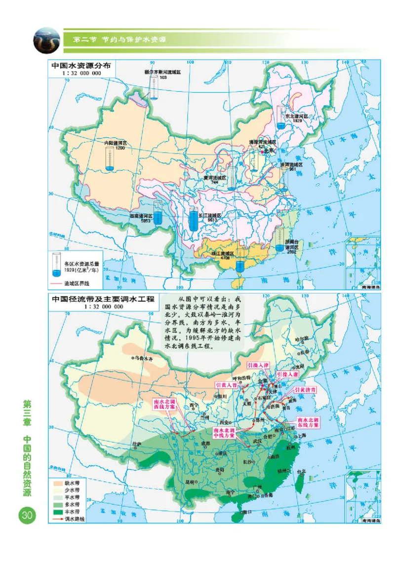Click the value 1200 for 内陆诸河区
tap(120, 148)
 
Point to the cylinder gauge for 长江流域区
tap(194, 220)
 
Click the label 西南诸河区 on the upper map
tap(140, 216)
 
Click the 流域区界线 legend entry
tap(80, 284)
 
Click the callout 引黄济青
tap(305, 389)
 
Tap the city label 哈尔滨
tap(301, 339)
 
